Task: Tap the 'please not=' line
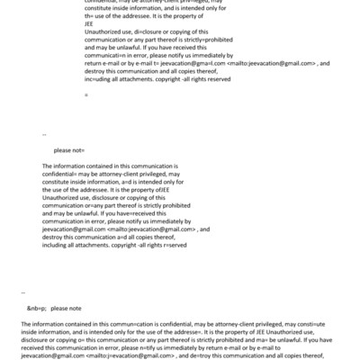(x=69, y=150)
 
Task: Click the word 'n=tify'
(x=126, y=346)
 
